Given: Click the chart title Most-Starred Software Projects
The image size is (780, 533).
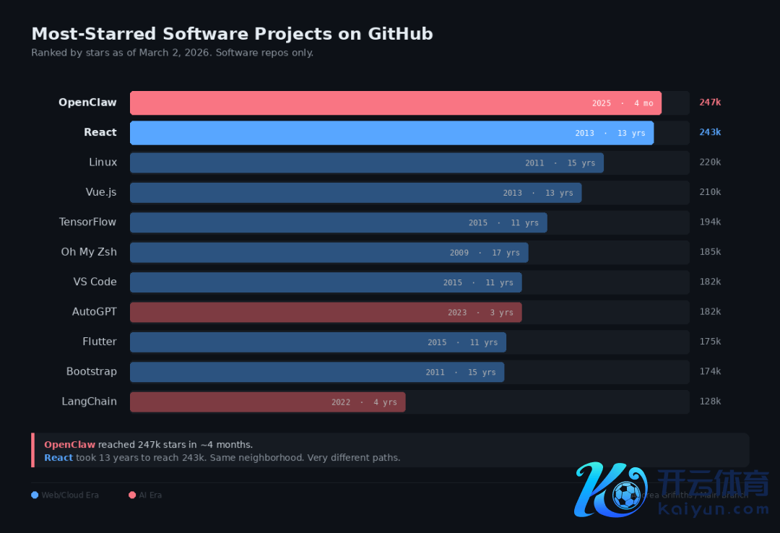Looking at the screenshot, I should (232, 34).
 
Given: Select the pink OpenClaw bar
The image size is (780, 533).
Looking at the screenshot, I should (395, 103).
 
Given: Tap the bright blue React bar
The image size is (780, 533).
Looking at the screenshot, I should (391, 133).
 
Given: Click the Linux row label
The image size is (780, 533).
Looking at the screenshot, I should (103, 162).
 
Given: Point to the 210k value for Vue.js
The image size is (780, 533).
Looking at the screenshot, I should (710, 192).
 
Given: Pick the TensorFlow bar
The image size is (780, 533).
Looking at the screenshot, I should (338, 222).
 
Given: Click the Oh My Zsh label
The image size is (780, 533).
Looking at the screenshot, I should (89, 252).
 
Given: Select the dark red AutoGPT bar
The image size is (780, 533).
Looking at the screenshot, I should (326, 312).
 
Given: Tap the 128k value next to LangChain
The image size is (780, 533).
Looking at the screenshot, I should (710, 402).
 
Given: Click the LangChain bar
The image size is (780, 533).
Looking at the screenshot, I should (267, 402).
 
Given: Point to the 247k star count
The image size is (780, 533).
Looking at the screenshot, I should (710, 103).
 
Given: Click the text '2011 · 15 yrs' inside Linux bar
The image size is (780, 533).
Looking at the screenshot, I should (560, 163).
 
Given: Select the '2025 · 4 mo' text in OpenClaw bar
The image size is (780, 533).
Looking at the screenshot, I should (622, 103).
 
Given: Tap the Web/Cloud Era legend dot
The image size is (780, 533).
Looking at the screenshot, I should (35, 495).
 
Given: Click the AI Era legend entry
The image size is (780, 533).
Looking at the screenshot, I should (145, 495).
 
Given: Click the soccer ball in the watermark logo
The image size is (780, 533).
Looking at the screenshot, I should (626, 495).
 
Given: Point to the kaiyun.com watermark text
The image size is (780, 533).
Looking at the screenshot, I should (714, 510).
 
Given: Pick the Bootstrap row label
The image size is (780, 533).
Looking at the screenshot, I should (91, 371).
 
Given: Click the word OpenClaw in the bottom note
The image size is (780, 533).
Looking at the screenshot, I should (69, 445).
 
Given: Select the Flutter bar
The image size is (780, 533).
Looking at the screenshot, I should (318, 342).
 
